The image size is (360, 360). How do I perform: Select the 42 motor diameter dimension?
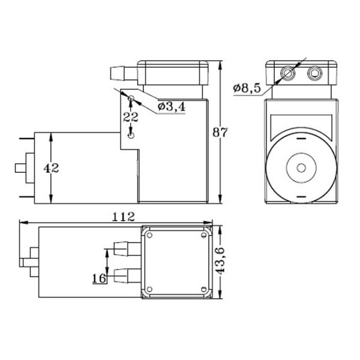click(51, 169)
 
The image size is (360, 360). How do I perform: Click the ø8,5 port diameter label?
click(247, 88)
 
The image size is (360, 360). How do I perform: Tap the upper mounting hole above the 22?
click(130, 97)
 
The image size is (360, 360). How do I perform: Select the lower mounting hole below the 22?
click(131, 136)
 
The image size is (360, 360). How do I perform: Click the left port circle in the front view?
click(287, 73)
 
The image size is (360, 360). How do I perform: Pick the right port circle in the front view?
click(314, 73)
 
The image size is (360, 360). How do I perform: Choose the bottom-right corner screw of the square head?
click(208, 292)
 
